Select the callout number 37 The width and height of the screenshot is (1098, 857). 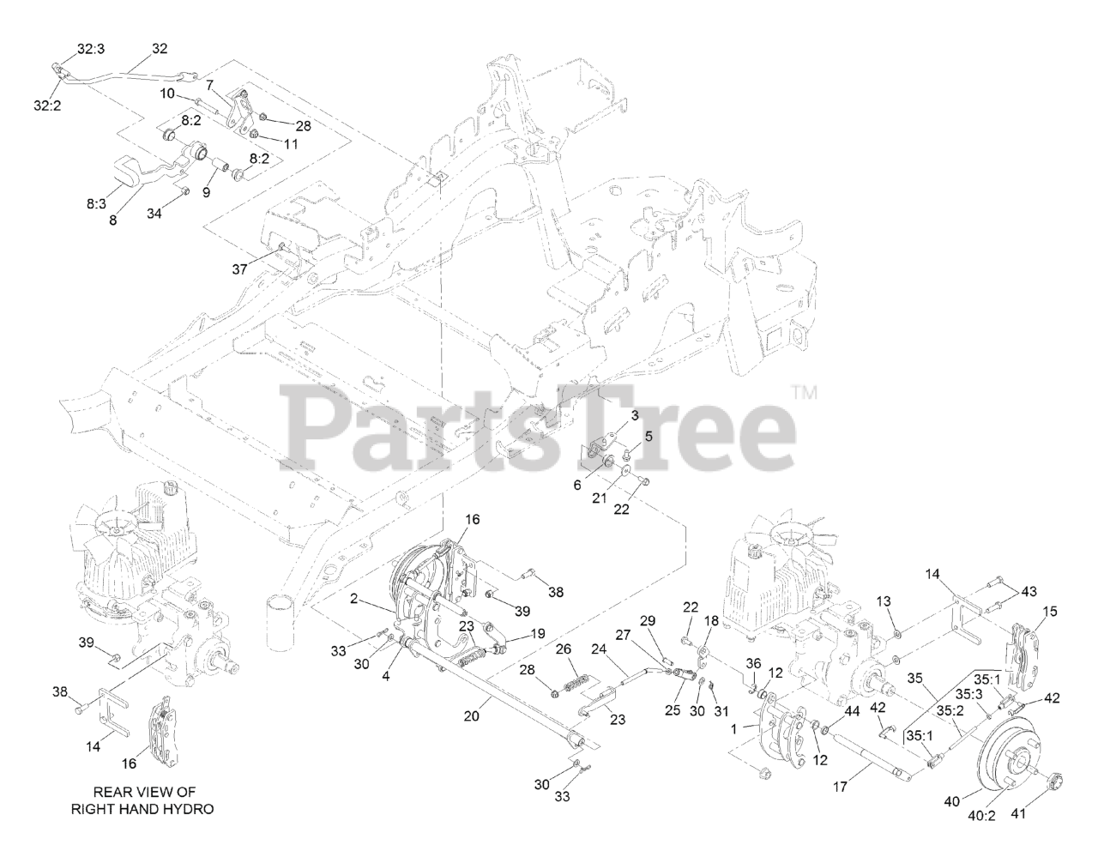[239, 269]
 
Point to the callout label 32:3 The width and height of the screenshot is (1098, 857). [90, 50]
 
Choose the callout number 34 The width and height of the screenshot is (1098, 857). [154, 213]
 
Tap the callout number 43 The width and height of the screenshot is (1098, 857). [1029, 591]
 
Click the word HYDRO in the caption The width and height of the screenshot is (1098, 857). [185, 809]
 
